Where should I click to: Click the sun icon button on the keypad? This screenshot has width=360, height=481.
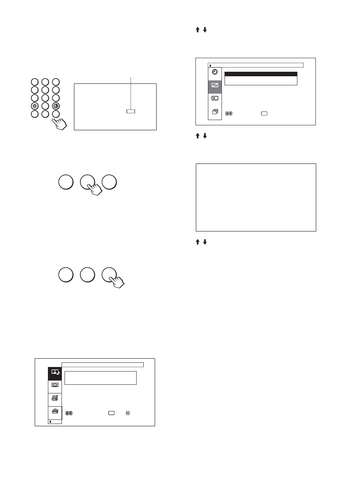(x=35, y=106)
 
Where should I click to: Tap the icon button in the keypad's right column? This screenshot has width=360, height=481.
(x=56, y=106)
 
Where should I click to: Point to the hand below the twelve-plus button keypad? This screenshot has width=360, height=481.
(x=60, y=123)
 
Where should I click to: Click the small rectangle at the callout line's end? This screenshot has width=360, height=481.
(x=131, y=111)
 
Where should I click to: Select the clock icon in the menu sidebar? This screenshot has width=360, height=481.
(x=215, y=72)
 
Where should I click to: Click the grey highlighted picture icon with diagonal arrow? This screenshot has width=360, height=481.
(x=215, y=85)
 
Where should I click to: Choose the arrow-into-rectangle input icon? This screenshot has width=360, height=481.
(x=215, y=98)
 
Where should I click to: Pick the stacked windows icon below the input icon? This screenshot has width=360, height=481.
(x=215, y=112)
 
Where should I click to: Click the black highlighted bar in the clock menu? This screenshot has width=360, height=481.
(x=261, y=74)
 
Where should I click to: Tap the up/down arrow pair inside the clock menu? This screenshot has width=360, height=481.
(x=228, y=113)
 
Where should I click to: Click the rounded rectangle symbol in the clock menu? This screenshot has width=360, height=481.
(x=264, y=113)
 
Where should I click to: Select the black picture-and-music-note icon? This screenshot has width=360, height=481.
(x=55, y=372)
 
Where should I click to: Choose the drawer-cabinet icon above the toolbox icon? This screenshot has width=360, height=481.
(x=55, y=398)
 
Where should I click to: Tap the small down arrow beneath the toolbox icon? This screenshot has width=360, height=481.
(x=51, y=422)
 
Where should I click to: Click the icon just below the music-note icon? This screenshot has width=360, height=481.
(x=55, y=385)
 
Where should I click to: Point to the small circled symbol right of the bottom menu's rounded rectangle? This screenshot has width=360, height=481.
(x=128, y=413)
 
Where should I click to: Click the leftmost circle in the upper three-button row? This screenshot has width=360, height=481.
(x=66, y=182)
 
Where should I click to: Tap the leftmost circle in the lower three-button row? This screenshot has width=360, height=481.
(x=66, y=275)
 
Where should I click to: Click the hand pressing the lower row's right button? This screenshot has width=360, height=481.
(x=117, y=281)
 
